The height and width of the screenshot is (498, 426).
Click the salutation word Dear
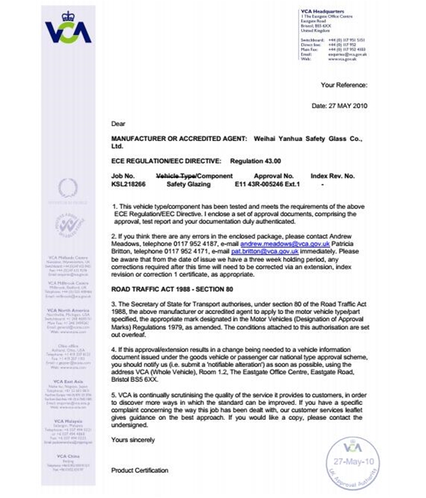pyautogui.click(x=119, y=123)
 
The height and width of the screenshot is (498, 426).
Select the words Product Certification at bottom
pyautogui.click(x=140, y=470)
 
